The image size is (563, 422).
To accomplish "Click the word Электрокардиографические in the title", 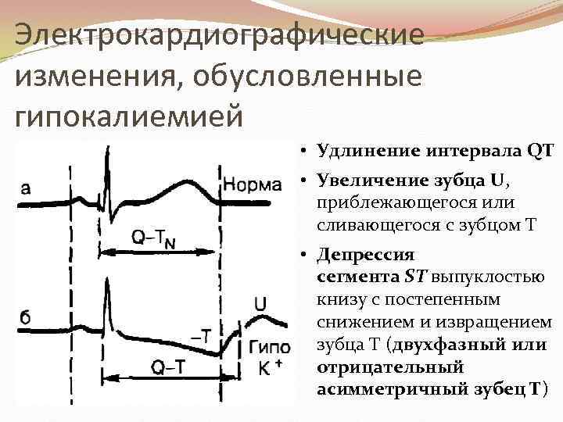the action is pyautogui.click(x=220, y=35).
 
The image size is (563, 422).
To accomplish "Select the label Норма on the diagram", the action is pyautogui.click(x=252, y=185).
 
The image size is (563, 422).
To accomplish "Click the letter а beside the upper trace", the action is pyautogui.click(x=26, y=187).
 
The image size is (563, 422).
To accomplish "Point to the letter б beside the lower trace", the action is pyautogui.click(x=26, y=318).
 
